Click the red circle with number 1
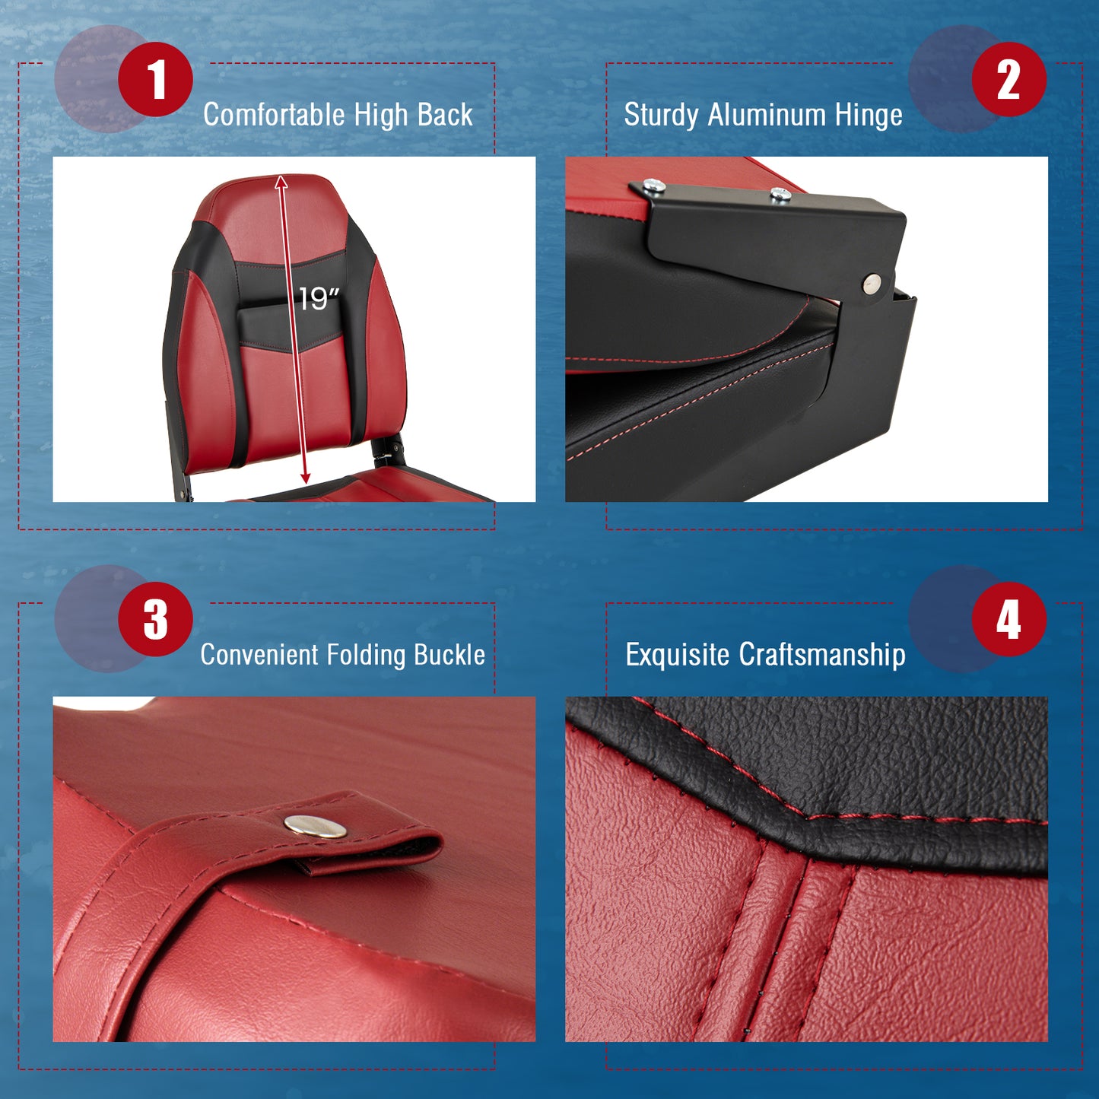point(156,79)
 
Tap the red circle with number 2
point(1008,79)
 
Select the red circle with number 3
point(156,619)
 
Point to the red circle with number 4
point(1008,619)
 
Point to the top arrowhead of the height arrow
point(281,181)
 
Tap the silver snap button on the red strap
point(316,826)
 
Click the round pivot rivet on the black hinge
point(872,284)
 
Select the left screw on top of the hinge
point(653,185)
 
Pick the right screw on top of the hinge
point(780,195)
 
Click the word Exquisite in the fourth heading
point(678,655)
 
